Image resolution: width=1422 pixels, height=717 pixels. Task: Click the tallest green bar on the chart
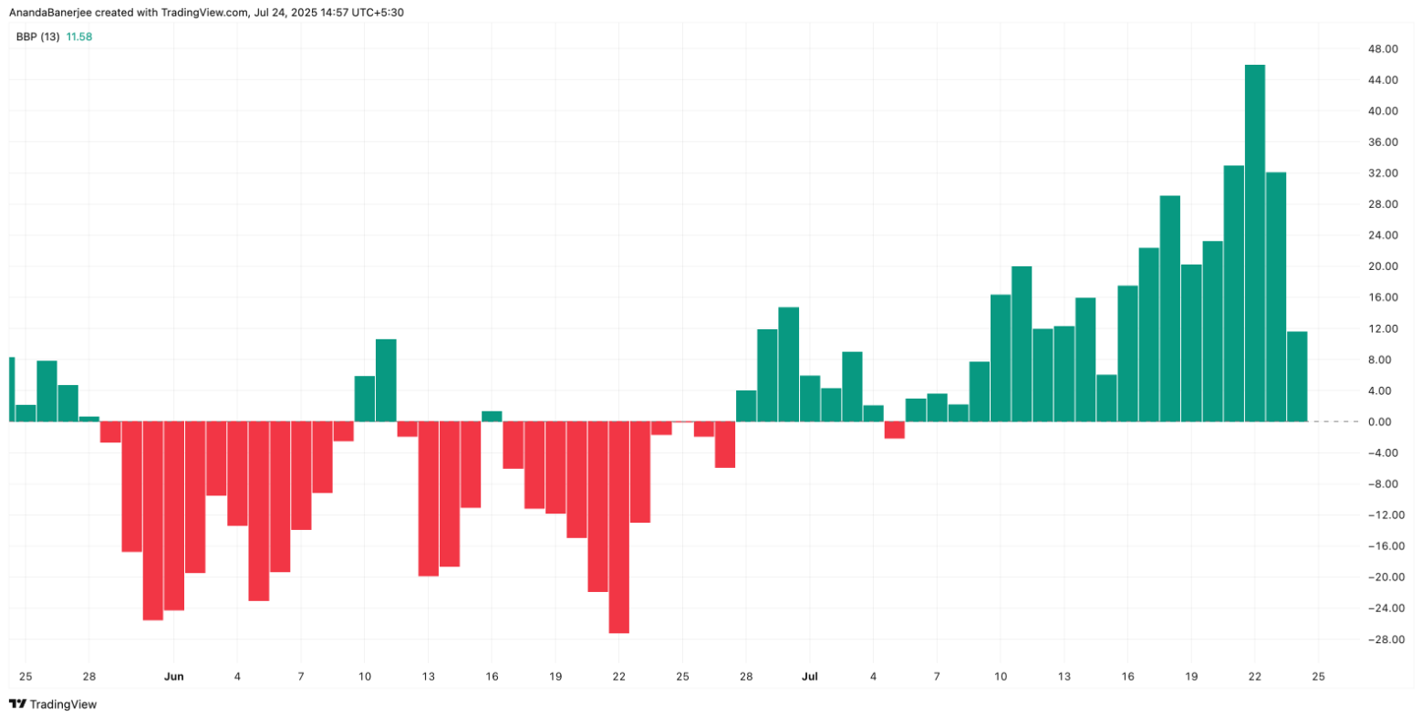tap(1255, 243)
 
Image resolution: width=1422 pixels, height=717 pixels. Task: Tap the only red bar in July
tap(894, 430)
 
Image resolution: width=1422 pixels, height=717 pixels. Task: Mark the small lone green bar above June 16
tap(492, 416)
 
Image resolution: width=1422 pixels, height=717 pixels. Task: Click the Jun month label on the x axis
tap(173, 677)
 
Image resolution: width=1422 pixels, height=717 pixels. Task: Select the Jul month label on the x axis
tap(809, 677)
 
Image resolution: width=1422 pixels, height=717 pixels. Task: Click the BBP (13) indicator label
tap(37, 36)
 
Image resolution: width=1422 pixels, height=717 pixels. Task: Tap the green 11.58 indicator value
tap(79, 36)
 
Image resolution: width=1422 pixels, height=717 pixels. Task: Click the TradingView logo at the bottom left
tap(53, 704)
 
